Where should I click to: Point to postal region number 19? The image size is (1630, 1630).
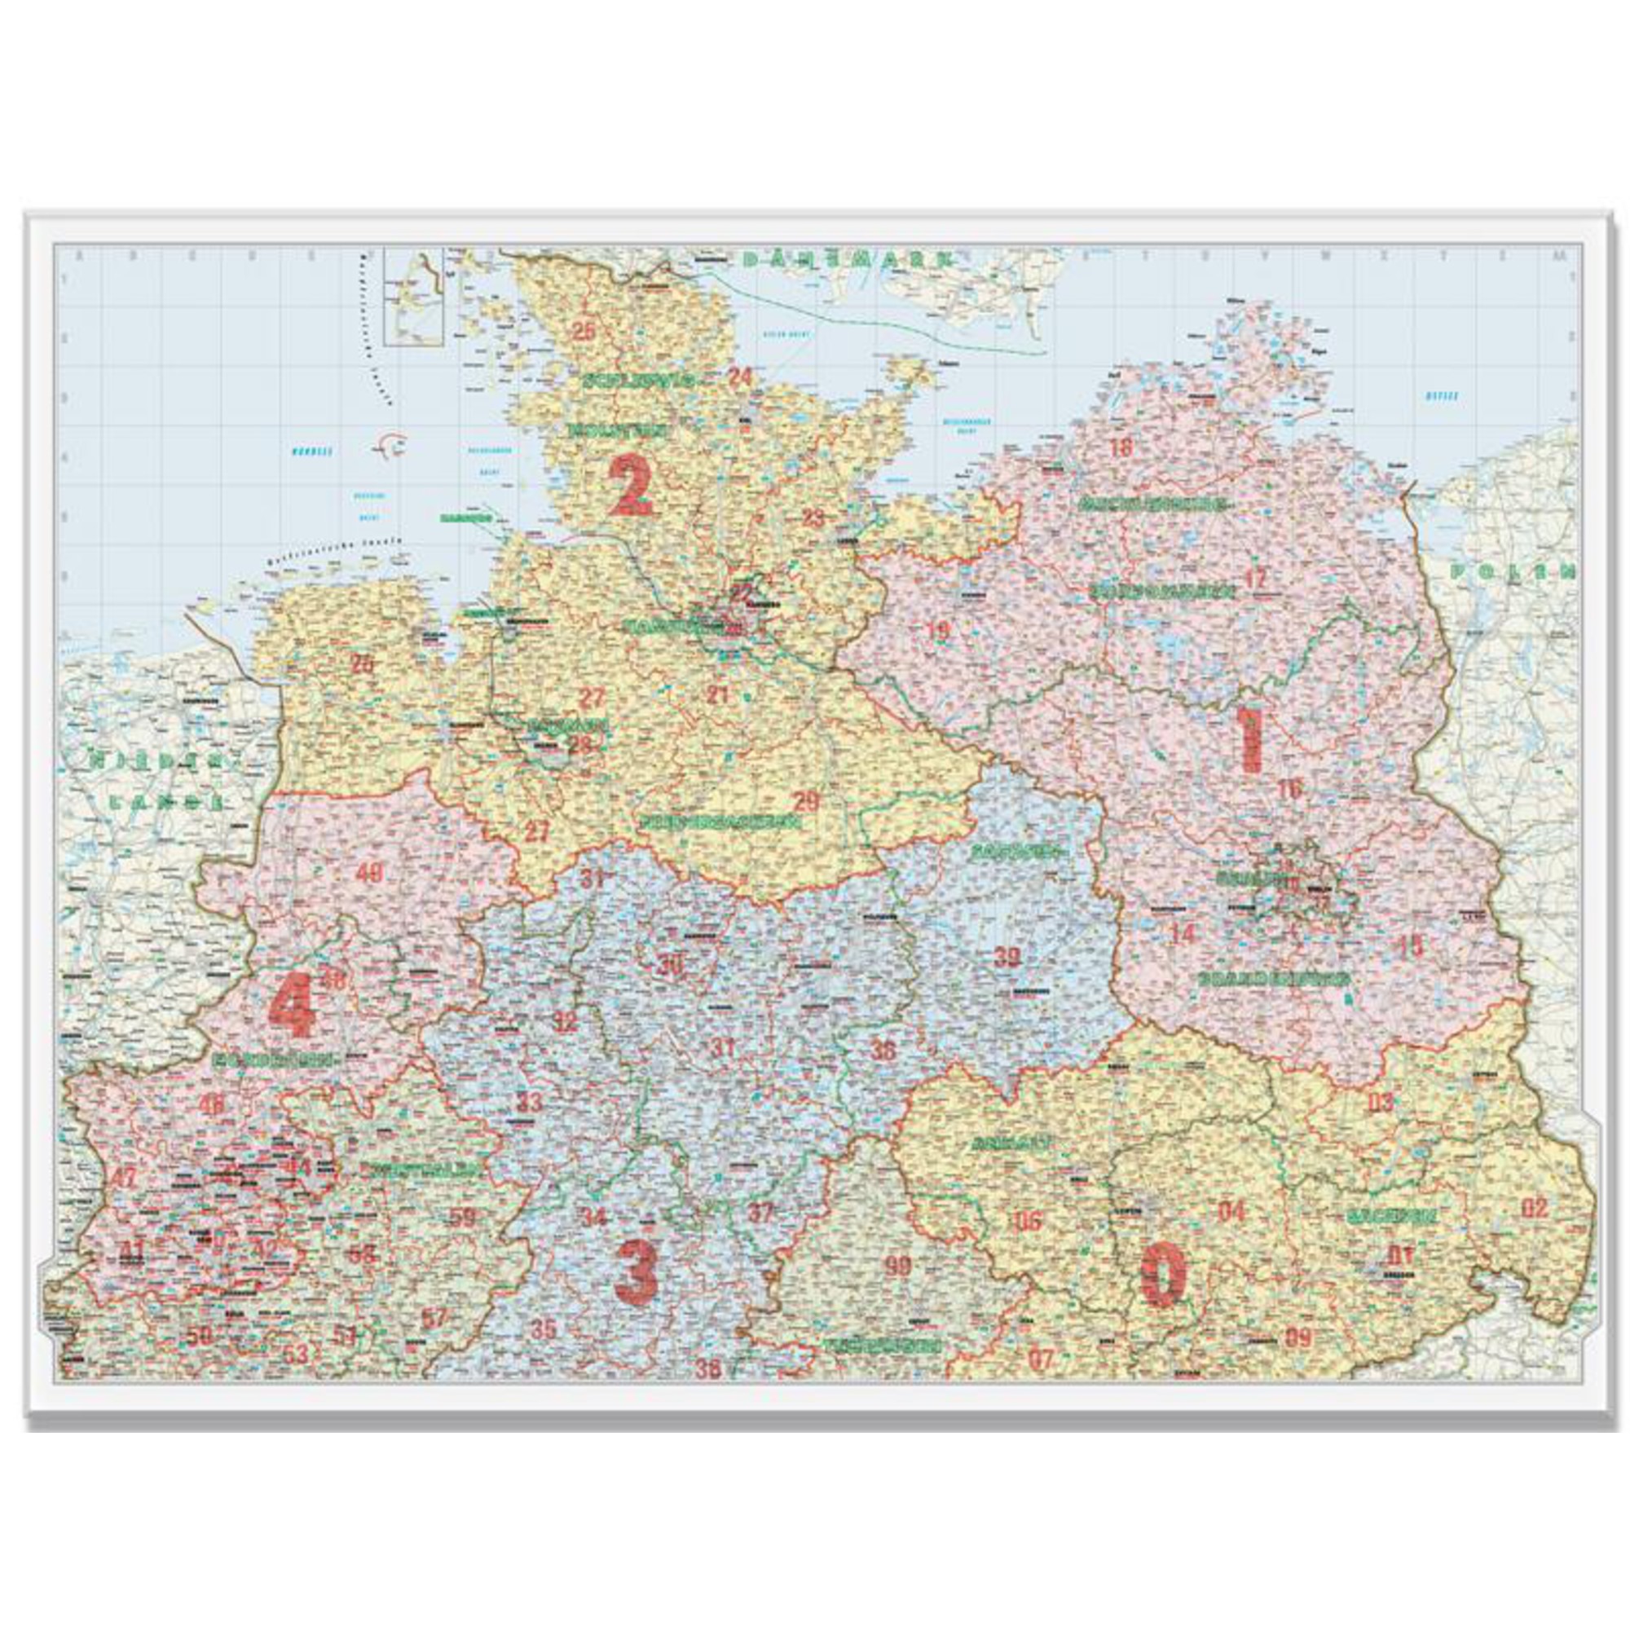937,628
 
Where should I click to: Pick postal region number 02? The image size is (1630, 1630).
1535,1208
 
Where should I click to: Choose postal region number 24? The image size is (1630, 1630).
740,377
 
